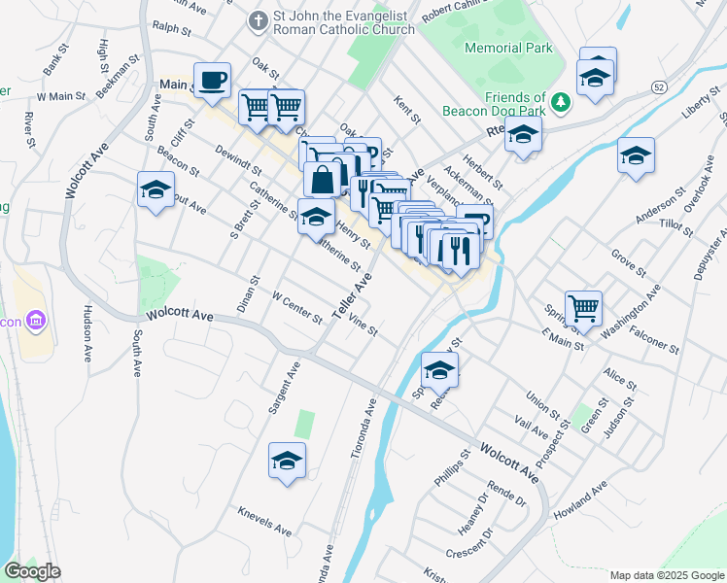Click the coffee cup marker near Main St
[x=212, y=80]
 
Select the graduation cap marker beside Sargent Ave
[x=288, y=461]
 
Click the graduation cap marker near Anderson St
[x=636, y=155]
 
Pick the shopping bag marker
[x=322, y=181]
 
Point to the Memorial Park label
[x=508, y=48]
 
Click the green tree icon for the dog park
[x=561, y=102]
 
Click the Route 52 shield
[x=659, y=87]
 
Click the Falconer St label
[x=652, y=341]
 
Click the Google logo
[x=32, y=572]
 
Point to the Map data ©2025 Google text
[x=666, y=575]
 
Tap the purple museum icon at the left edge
[x=35, y=320]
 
